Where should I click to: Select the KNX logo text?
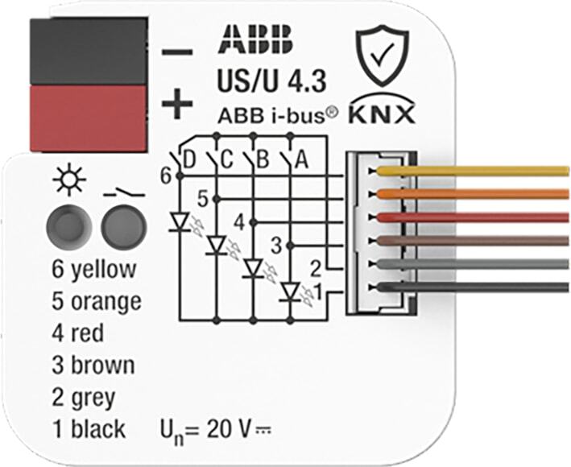click(382, 114)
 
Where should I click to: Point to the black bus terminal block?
click(88, 49)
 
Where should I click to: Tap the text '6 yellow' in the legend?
click(93, 270)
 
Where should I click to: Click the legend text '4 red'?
click(77, 333)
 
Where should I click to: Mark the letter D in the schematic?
click(190, 159)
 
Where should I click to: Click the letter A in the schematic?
click(301, 159)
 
